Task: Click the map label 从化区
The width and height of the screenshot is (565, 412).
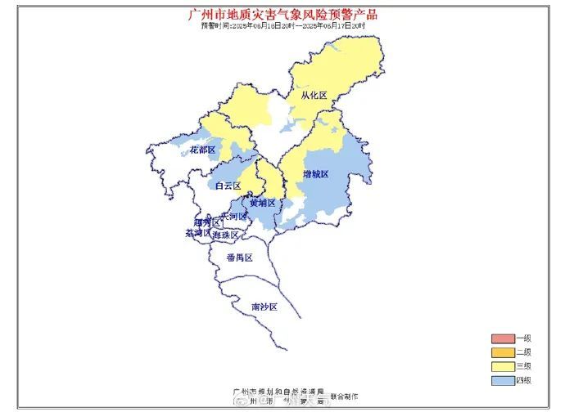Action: click(313, 96)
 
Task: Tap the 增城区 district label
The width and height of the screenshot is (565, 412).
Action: click(314, 174)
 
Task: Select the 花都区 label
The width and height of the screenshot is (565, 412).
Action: click(202, 150)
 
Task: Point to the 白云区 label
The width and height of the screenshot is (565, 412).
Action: click(228, 186)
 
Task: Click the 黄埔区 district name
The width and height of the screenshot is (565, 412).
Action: click(262, 202)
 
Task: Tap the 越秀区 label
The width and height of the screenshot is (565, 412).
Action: click(206, 222)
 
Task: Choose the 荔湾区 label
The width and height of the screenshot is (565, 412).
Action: click(197, 233)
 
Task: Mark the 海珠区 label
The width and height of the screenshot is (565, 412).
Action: click(225, 235)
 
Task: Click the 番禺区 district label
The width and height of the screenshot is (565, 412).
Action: click(239, 257)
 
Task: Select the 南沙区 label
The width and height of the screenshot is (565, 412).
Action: click(264, 307)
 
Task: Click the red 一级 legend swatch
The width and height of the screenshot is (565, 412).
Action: click(501, 338)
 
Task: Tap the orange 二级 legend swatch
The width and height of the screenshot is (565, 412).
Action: click(501, 352)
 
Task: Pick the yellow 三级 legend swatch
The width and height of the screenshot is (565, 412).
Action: click(501, 366)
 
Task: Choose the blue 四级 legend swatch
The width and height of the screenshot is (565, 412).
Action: click(501, 380)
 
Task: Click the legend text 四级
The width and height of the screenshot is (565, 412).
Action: click(524, 380)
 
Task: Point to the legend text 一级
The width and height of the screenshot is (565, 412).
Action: click(524, 338)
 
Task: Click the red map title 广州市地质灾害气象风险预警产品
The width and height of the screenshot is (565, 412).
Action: click(283, 14)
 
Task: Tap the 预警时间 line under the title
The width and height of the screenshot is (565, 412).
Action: click(283, 25)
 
